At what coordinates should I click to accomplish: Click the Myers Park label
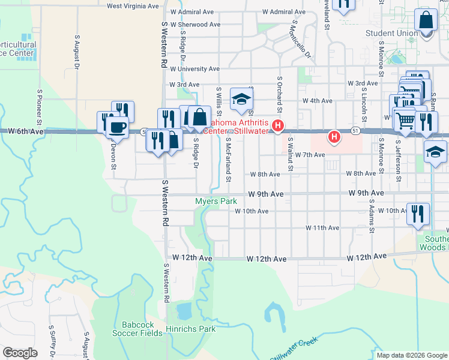coord(216,202)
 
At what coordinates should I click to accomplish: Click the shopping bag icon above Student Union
coord(426,20)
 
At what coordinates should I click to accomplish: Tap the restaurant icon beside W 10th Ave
coord(418,213)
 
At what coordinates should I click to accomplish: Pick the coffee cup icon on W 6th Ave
coord(116,127)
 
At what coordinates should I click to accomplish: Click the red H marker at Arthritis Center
coord(278,126)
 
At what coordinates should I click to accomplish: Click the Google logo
coord(20,353)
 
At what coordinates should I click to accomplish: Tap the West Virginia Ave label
coord(133,5)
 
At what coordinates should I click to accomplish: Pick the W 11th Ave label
coord(322,228)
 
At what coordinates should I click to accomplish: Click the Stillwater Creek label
coord(294,350)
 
